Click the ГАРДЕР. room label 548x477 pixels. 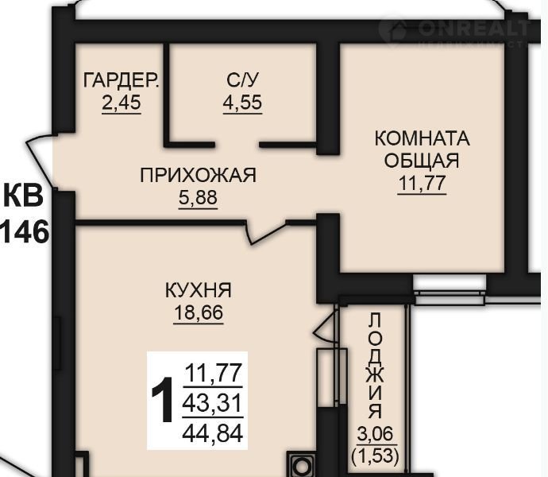(122, 80)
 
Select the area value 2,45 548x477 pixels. (122, 103)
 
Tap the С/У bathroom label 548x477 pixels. (242, 80)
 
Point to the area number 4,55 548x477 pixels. (242, 103)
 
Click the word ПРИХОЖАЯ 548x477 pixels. (199, 176)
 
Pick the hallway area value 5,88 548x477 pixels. (199, 198)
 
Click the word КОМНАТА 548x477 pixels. (423, 138)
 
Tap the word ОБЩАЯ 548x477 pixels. (422, 161)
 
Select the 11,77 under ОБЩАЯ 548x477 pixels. (423, 183)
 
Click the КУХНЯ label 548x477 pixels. (199, 290)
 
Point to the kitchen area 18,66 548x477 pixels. (199, 313)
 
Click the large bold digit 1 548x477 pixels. (163, 399)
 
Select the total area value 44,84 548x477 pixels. (213, 432)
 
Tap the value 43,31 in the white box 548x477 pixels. (213, 403)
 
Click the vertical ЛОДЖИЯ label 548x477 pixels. (376, 366)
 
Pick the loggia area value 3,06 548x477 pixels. (376, 434)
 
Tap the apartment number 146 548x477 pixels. (24, 232)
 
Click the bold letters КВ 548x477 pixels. (23, 196)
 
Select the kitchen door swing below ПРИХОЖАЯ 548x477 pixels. (265, 231)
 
